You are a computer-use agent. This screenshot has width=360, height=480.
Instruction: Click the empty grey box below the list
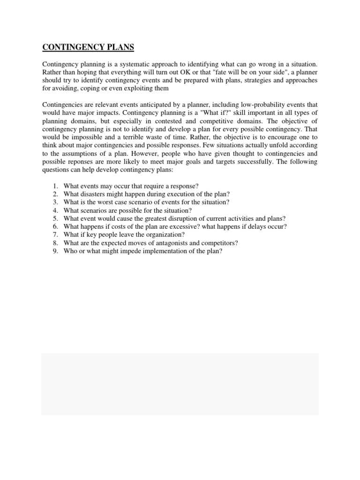(180, 384)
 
